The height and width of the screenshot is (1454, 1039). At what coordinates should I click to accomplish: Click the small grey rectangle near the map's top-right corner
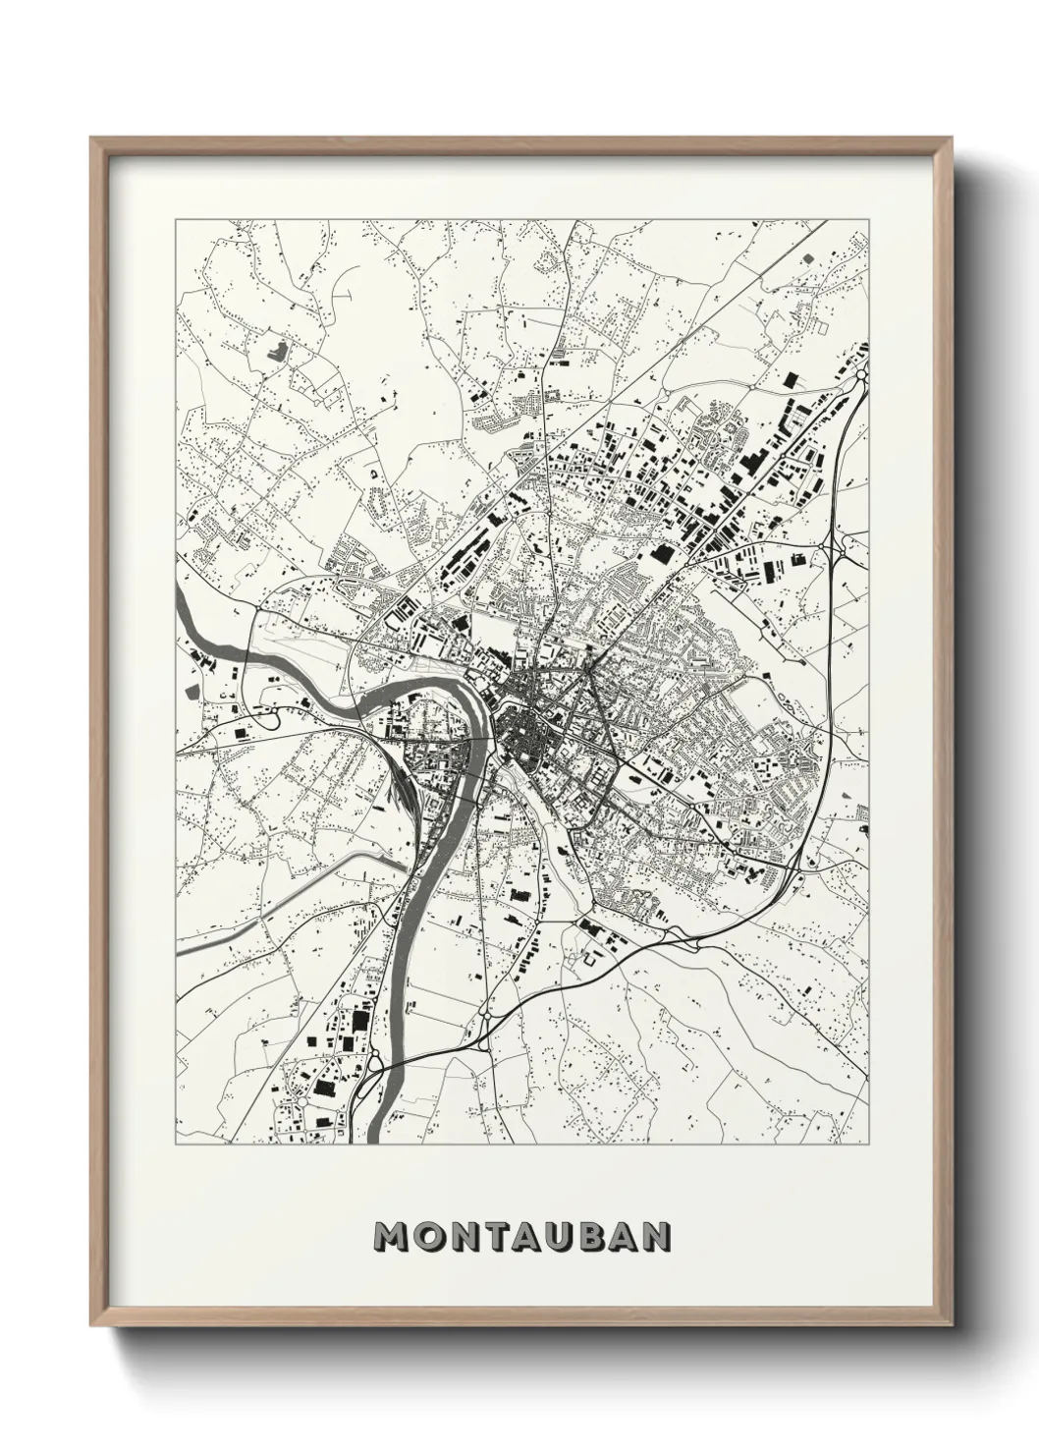pos(808,257)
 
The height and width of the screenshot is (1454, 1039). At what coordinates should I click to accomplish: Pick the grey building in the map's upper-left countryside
pos(276,348)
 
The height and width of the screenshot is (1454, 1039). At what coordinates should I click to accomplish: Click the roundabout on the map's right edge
pos(861,374)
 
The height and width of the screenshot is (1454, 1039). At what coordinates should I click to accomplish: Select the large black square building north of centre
pos(656,556)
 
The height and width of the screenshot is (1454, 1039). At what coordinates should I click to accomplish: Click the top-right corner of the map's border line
pos(869,221)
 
